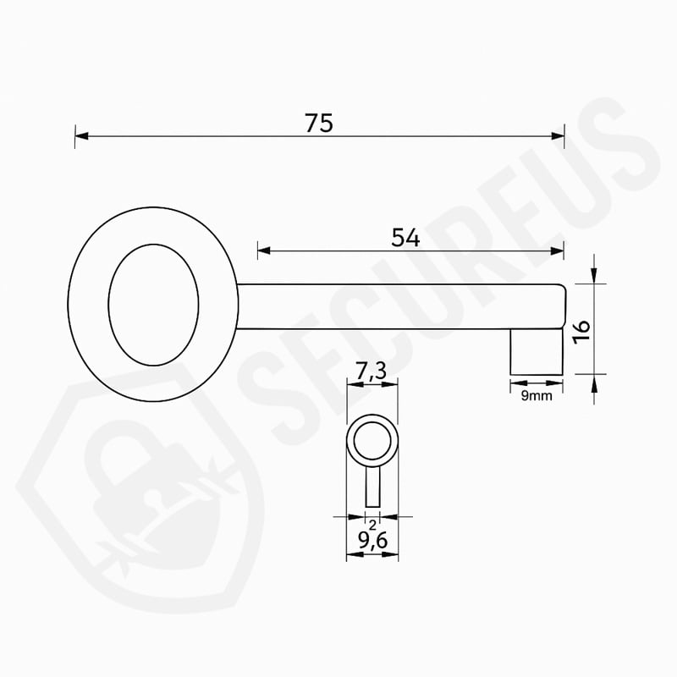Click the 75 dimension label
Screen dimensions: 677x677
[x=319, y=123]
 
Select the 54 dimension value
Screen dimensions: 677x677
[x=405, y=238]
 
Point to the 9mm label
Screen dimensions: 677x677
[x=537, y=395]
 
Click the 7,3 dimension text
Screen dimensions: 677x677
[x=371, y=372]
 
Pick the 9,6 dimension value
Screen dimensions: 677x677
[x=373, y=540]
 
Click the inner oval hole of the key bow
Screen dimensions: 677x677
[x=153, y=305]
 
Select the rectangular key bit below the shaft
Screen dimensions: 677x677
[x=537, y=352]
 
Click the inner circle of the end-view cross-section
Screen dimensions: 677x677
[x=372, y=441]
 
